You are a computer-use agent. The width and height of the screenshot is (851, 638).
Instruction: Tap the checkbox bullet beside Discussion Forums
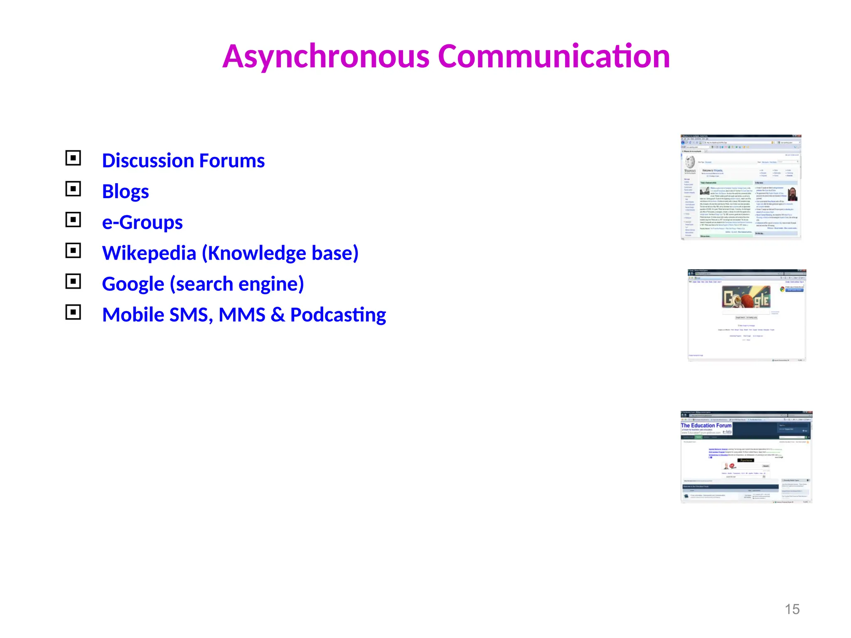tap(73, 158)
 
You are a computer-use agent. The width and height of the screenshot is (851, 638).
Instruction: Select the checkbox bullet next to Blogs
tap(73, 189)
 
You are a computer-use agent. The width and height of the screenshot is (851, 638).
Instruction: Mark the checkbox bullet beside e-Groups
tap(73, 220)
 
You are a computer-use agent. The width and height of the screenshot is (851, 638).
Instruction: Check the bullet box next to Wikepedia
tap(73, 250)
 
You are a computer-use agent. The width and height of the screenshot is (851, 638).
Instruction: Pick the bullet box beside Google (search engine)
tap(73, 281)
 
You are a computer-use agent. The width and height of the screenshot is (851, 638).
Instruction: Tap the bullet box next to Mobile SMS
tap(73, 312)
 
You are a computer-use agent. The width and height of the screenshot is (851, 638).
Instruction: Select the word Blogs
tap(125, 192)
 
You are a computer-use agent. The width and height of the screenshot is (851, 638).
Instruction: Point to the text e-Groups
tap(142, 223)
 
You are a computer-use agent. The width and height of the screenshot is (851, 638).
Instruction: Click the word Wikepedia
tap(149, 253)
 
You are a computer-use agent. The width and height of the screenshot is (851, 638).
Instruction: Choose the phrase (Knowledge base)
tap(280, 253)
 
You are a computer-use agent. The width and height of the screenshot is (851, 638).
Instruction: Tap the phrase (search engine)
tap(237, 284)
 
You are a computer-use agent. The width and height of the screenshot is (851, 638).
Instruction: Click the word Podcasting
tap(338, 315)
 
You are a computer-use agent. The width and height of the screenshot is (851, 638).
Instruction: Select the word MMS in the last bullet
tap(242, 315)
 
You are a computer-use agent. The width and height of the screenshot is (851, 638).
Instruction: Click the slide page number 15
tap(792, 609)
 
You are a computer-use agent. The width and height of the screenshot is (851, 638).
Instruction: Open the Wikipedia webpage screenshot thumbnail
tap(740, 187)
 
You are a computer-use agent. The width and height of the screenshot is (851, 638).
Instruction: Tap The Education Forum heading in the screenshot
tap(706, 426)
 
